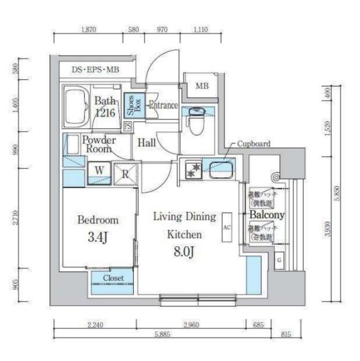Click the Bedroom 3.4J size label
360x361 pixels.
point(98,238)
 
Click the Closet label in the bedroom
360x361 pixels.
point(113,278)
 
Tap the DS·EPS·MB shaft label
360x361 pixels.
point(95,70)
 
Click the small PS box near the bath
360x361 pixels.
point(127,125)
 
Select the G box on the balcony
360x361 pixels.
point(279,259)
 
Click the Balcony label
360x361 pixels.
point(266,215)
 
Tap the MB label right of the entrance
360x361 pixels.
point(202,86)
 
